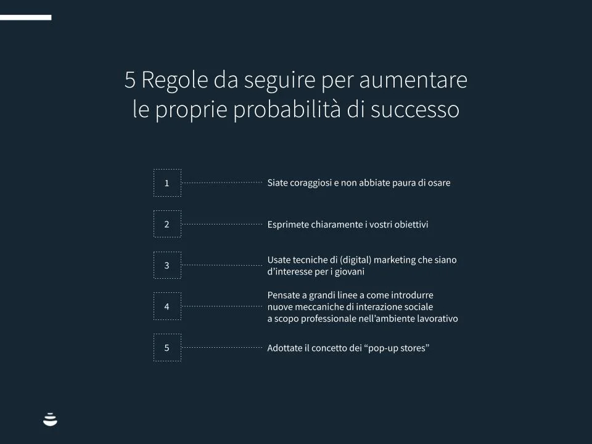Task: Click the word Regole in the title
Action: pos(175,80)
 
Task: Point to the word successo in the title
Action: pos(415,110)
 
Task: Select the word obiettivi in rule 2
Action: pos(411,224)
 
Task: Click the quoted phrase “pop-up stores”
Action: pos(397,348)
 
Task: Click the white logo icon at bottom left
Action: pos(50,419)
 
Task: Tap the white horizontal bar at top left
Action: pos(26,17)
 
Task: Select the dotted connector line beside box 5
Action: pos(222,347)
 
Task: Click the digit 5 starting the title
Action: pos(130,80)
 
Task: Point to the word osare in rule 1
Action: pos(439,183)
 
